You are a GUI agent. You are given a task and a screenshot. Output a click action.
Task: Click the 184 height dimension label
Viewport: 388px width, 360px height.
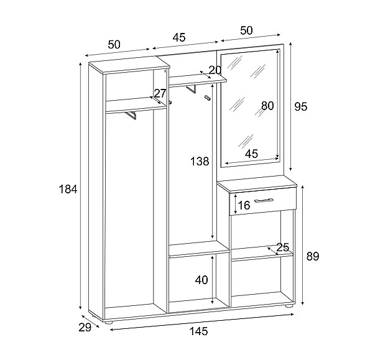68,189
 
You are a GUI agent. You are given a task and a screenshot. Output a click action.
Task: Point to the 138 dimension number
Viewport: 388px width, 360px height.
200,162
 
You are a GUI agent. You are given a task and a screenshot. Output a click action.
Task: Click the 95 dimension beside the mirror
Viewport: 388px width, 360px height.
301,106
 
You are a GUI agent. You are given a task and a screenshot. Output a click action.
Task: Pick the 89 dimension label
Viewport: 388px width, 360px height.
312,256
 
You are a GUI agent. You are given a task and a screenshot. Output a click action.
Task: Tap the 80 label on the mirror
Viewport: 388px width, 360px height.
267,106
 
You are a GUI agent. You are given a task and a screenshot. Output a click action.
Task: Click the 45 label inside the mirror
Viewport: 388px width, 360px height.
251,154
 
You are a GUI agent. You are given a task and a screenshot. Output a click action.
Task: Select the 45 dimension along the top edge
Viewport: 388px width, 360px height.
178,37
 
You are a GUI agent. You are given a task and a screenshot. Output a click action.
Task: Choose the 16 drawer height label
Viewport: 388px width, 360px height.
244,206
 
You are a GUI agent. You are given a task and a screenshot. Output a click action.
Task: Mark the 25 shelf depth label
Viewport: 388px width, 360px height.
283,247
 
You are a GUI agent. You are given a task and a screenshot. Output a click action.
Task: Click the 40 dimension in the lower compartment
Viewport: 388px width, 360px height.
201,280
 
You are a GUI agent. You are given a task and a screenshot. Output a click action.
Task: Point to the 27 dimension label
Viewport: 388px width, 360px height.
160,93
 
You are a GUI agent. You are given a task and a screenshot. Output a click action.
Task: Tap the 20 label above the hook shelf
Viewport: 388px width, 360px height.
215,70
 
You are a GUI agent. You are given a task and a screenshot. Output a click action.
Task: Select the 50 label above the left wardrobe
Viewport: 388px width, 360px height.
114,44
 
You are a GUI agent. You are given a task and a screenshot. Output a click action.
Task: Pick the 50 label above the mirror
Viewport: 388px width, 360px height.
246,30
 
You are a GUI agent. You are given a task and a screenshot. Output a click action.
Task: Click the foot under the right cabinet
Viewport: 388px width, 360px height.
289,306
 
